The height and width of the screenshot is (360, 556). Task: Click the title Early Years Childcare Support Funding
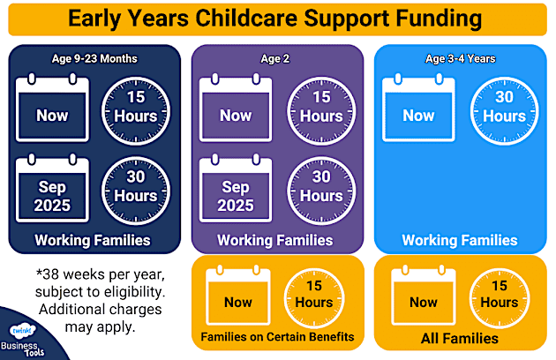coord(277,19)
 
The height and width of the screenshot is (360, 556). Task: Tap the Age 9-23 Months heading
coord(94,60)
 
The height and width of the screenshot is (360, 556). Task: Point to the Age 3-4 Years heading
coord(460,60)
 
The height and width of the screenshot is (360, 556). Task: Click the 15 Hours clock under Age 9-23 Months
coord(136,109)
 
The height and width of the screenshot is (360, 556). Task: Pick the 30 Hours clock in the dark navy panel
coord(136,187)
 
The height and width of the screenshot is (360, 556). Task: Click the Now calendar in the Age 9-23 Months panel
coord(53,110)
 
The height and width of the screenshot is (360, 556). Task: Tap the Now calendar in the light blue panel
coord(418,110)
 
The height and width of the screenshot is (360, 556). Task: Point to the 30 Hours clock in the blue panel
coord(504,109)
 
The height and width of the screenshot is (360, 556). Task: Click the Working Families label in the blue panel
coord(460,240)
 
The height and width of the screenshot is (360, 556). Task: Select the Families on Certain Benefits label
coord(277,337)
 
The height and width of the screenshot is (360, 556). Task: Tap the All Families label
coord(460,338)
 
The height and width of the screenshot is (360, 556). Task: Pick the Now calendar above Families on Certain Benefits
coord(237,296)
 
